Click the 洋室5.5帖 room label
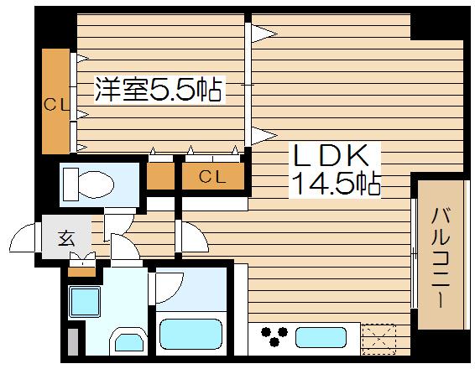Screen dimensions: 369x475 pyautogui.click(x=159, y=89)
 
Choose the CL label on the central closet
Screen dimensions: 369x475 pyautogui.click(x=212, y=176)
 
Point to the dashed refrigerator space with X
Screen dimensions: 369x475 pyautogui.click(x=379, y=338)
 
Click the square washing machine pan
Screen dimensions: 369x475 pyautogui.click(x=84, y=300)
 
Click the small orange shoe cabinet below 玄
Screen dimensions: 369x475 pyautogui.click(x=82, y=270)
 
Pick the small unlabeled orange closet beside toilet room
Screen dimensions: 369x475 pyautogui.click(x=159, y=176)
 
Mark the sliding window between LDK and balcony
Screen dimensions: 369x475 pyautogui.click(x=415, y=252)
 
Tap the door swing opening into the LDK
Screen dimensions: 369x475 pyautogui.click(x=191, y=239)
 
